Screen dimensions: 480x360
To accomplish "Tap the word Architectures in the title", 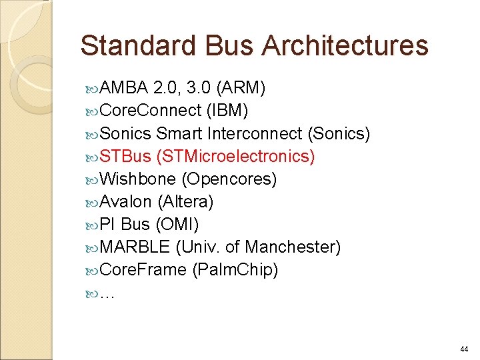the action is pos(345,46).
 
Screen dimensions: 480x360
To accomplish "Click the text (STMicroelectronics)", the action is pos(235,157).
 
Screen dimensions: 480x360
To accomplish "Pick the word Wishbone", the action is pos(137,179).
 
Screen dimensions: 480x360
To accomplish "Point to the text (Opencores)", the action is pos(229,179).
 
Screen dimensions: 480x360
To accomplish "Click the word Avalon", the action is pos(126,202).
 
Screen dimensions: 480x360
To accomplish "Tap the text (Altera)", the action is pos(185,202).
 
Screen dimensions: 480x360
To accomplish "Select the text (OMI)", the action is pos(177,225).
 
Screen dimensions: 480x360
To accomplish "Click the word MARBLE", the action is pos(135,247).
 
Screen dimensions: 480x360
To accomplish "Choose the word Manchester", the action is pos(291,247).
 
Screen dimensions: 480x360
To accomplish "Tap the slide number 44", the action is pos(464,349).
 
